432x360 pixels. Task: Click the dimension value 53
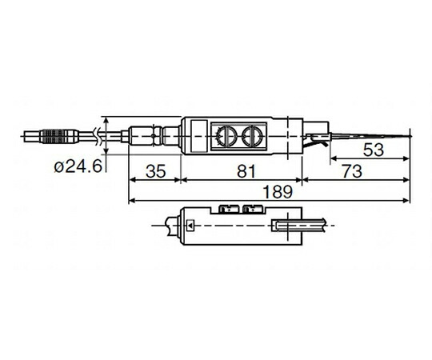[374, 150]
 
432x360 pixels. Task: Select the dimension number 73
[352, 171]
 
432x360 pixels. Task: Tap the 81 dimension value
[246, 171]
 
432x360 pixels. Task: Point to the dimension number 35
[156, 171]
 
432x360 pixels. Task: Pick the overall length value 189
[278, 192]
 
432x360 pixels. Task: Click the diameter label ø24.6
[78, 166]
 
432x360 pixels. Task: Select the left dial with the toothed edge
[226, 136]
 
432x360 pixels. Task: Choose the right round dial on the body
[251, 136]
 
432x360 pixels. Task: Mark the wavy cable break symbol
[96, 136]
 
